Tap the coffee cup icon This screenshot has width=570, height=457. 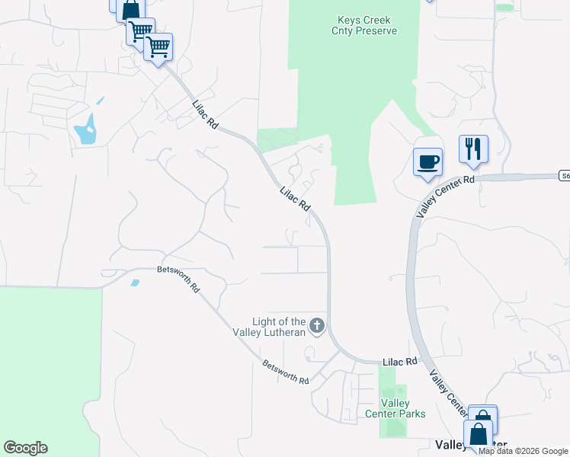coord(427,161)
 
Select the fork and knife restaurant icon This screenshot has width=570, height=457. coord(473,148)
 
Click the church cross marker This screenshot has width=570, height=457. coord(316,327)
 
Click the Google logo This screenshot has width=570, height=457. coord(25,448)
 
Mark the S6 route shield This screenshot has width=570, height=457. coord(564,176)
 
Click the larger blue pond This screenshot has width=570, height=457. coord(86,130)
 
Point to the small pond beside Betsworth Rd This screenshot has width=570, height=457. coord(135,283)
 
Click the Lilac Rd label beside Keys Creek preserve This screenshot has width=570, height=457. coord(295,200)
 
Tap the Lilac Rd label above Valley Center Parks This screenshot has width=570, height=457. coord(401,361)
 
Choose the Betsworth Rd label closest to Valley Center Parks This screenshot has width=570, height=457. coord(285,372)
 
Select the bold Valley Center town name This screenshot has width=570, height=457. coord(458,444)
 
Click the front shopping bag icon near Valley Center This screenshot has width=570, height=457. coord(479,435)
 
